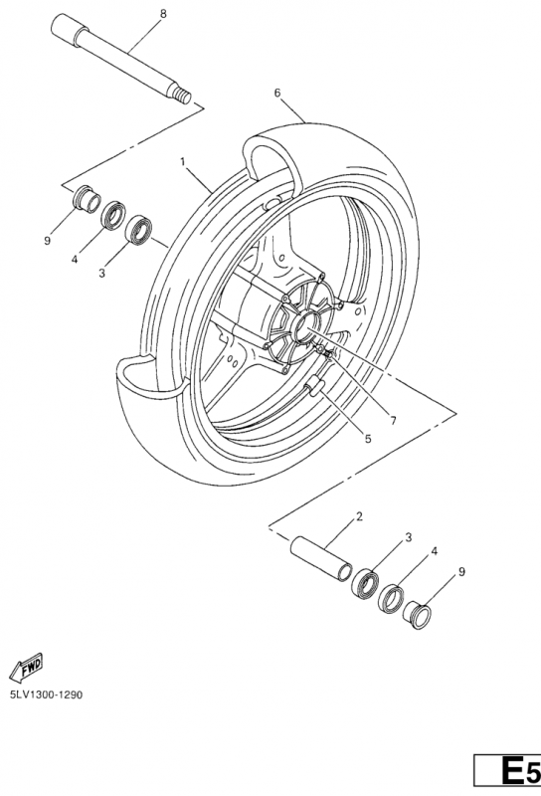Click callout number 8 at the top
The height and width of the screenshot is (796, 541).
(x=163, y=13)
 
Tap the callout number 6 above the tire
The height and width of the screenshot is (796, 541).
(x=277, y=93)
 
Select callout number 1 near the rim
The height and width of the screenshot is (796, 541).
(x=183, y=160)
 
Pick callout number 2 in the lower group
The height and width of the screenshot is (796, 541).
(x=358, y=516)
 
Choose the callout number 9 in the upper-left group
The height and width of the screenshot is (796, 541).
(x=46, y=240)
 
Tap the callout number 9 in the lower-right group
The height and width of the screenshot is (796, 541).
(x=460, y=572)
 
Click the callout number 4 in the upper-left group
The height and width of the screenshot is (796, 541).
(x=74, y=261)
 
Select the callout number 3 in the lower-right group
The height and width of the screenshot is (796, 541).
(x=408, y=538)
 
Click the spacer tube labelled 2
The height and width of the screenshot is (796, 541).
(x=320, y=558)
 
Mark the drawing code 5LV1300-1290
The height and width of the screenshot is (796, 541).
(x=46, y=695)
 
